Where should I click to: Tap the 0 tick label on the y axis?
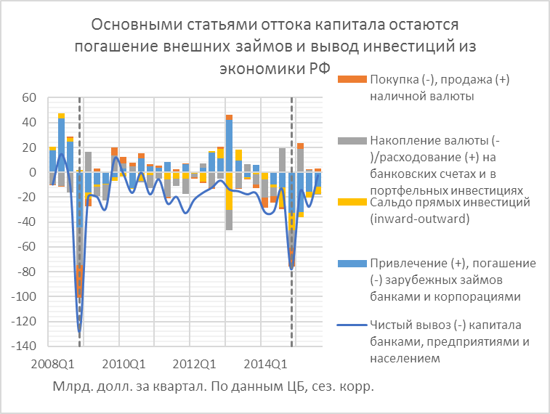[x=33, y=173]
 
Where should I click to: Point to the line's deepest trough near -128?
[x=79, y=331]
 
